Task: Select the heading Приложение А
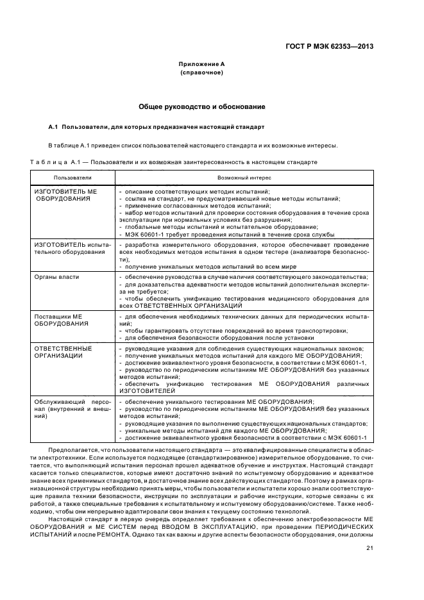(201, 64)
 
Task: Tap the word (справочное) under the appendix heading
(201, 73)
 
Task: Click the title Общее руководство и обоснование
(202, 106)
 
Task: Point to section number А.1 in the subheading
(54, 126)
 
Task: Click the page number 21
(369, 529)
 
